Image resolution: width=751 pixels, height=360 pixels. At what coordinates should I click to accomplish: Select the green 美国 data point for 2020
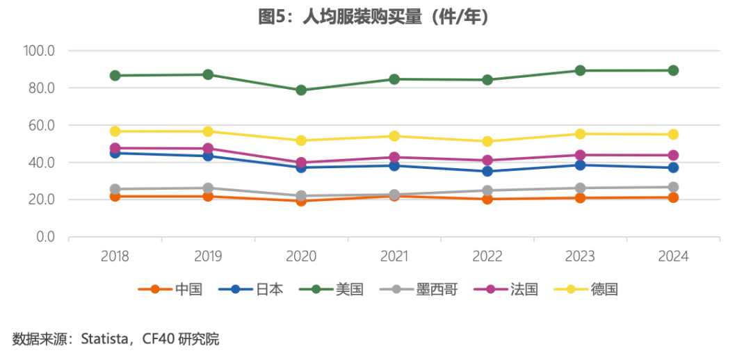click(301, 90)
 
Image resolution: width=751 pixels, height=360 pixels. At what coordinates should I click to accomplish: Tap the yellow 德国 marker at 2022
click(487, 141)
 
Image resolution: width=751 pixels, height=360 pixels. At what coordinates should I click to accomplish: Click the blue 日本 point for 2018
click(115, 153)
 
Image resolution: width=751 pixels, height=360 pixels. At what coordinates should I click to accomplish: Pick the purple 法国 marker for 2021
click(394, 157)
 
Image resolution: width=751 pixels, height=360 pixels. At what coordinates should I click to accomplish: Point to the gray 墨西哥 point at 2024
click(673, 187)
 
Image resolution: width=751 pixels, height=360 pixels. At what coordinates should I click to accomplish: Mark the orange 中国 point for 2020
click(301, 201)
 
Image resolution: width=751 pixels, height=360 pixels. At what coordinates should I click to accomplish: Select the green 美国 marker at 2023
click(580, 70)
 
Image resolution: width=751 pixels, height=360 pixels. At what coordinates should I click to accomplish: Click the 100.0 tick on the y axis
click(39, 51)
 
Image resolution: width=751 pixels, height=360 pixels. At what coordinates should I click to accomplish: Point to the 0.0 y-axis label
click(45, 237)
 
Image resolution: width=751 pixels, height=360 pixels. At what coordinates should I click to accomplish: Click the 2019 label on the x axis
click(208, 256)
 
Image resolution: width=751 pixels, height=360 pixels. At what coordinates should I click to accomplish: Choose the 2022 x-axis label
click(487, 256)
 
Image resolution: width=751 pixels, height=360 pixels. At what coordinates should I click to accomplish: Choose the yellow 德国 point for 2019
click(208, 131)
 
